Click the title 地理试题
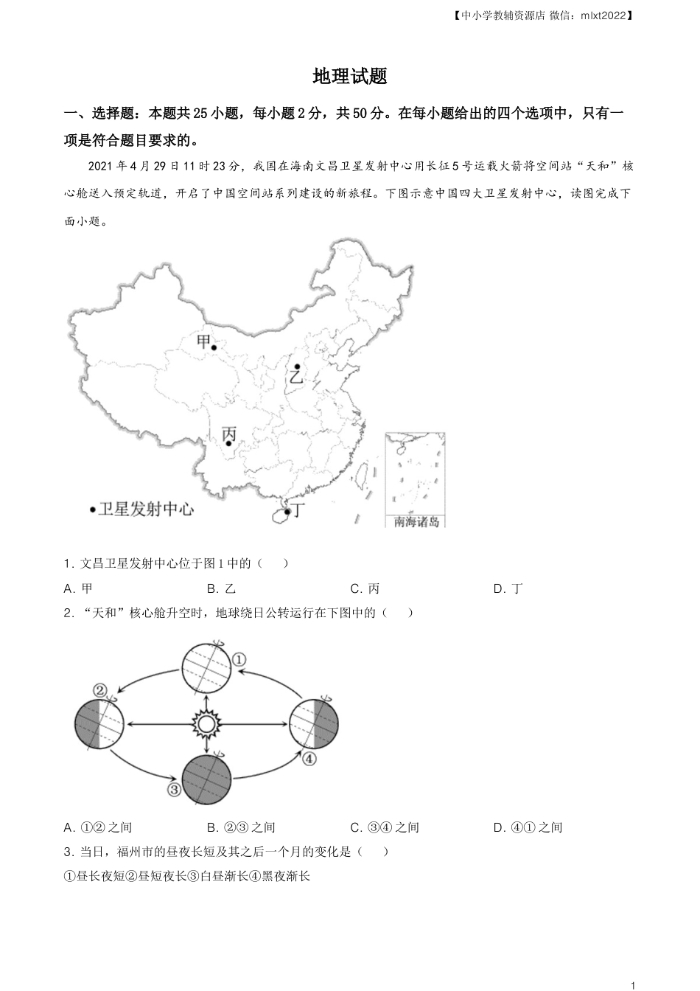click(350, 76)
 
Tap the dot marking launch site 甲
click(214, 348)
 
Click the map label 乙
click(296, 377)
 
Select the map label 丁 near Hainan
click(298, 510)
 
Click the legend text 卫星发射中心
click(146, 510)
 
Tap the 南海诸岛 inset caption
click(416, 522)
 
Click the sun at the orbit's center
click(206, 725)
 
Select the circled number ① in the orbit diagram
click(239, 660)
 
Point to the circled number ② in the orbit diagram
click(100, 690)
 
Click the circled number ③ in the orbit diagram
click(174, 789)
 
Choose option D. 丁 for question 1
click(508, 589)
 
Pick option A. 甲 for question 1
click(78, 589)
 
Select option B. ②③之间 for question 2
click(241, 827)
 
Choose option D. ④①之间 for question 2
click(528, 827)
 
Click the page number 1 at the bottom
click(633, 985)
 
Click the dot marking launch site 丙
click(228, 443)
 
